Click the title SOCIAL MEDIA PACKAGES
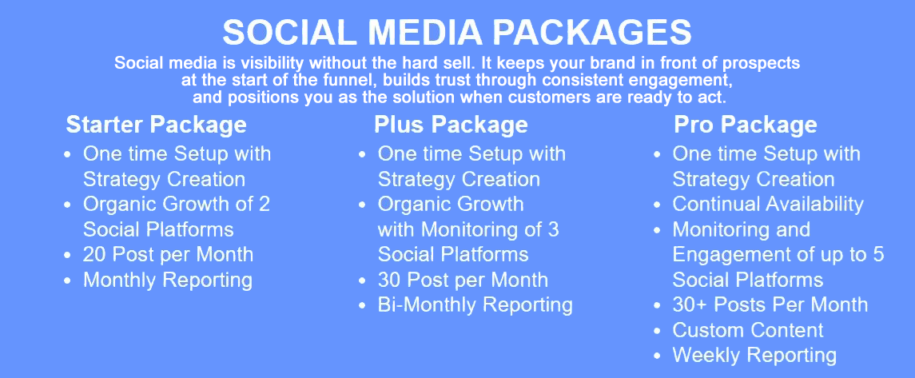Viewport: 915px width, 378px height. (457, 33)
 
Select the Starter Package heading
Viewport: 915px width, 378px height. (157, 125)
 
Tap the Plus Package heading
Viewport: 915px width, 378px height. (451, 125)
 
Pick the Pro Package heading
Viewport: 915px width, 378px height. (746, 125)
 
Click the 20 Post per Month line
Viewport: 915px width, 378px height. (168, 254)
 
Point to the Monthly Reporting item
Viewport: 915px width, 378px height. (168, 280)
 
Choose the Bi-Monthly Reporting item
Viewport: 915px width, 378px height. (475, 305)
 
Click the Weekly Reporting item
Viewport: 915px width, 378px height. (754, 356)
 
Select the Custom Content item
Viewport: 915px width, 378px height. (748, 330)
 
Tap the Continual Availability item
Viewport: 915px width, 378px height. (768, 204)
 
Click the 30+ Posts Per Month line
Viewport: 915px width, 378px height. (770, 304)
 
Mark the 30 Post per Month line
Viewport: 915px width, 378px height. (463, 280)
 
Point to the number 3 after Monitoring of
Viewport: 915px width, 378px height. (553, 229)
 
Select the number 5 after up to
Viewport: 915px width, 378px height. (878, 254)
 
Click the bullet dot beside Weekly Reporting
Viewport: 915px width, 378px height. (658, 356)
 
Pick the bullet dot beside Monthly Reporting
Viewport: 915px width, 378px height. (68, 281)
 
